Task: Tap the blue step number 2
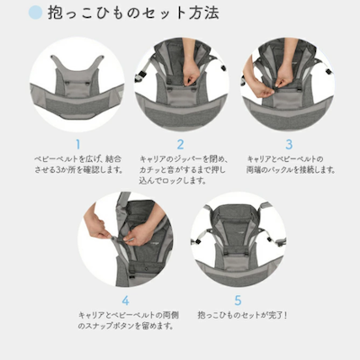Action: pos(180,143)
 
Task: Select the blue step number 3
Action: pos(288,143)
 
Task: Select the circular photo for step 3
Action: pos(288,85)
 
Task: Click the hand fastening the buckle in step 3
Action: pos(261,87)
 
